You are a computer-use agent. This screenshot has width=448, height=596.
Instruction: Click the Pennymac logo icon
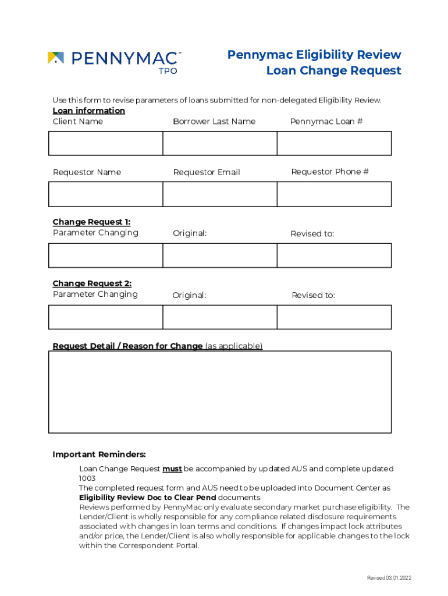(56, 58)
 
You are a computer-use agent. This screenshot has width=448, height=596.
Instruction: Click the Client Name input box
(105, 143)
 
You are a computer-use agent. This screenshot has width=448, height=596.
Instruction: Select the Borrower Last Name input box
(219, 143)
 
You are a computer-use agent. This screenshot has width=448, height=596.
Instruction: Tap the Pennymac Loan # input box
(334, 143)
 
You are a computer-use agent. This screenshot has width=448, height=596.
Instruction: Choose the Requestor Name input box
(105, 194)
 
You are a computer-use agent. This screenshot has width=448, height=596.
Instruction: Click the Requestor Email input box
(219, 194)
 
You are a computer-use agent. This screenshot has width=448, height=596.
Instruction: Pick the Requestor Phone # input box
(334, 194)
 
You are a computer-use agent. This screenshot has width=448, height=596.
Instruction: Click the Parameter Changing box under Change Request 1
(105, 256)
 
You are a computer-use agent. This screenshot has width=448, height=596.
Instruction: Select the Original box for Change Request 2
(219, 317)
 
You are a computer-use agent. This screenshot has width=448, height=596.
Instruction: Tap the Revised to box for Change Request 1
(334, 256)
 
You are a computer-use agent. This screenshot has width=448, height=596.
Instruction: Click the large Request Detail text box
(219, 392)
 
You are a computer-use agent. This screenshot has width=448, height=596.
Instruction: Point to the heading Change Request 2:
(92, 283)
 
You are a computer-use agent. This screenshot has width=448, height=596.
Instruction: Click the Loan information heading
(88, 111)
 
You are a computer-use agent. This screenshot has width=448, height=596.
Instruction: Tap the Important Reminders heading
(99, 454)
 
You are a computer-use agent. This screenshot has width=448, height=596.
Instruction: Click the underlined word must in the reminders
(172, 469)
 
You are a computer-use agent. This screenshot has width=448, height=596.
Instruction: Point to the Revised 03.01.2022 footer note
(389, 577)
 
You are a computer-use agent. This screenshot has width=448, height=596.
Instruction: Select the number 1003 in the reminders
(87, 478)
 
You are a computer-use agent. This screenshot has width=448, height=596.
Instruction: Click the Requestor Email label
(207, 172)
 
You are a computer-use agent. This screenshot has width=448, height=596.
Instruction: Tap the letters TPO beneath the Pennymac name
(168, 70)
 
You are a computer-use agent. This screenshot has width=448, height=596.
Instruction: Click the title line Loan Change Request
(333, 70)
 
